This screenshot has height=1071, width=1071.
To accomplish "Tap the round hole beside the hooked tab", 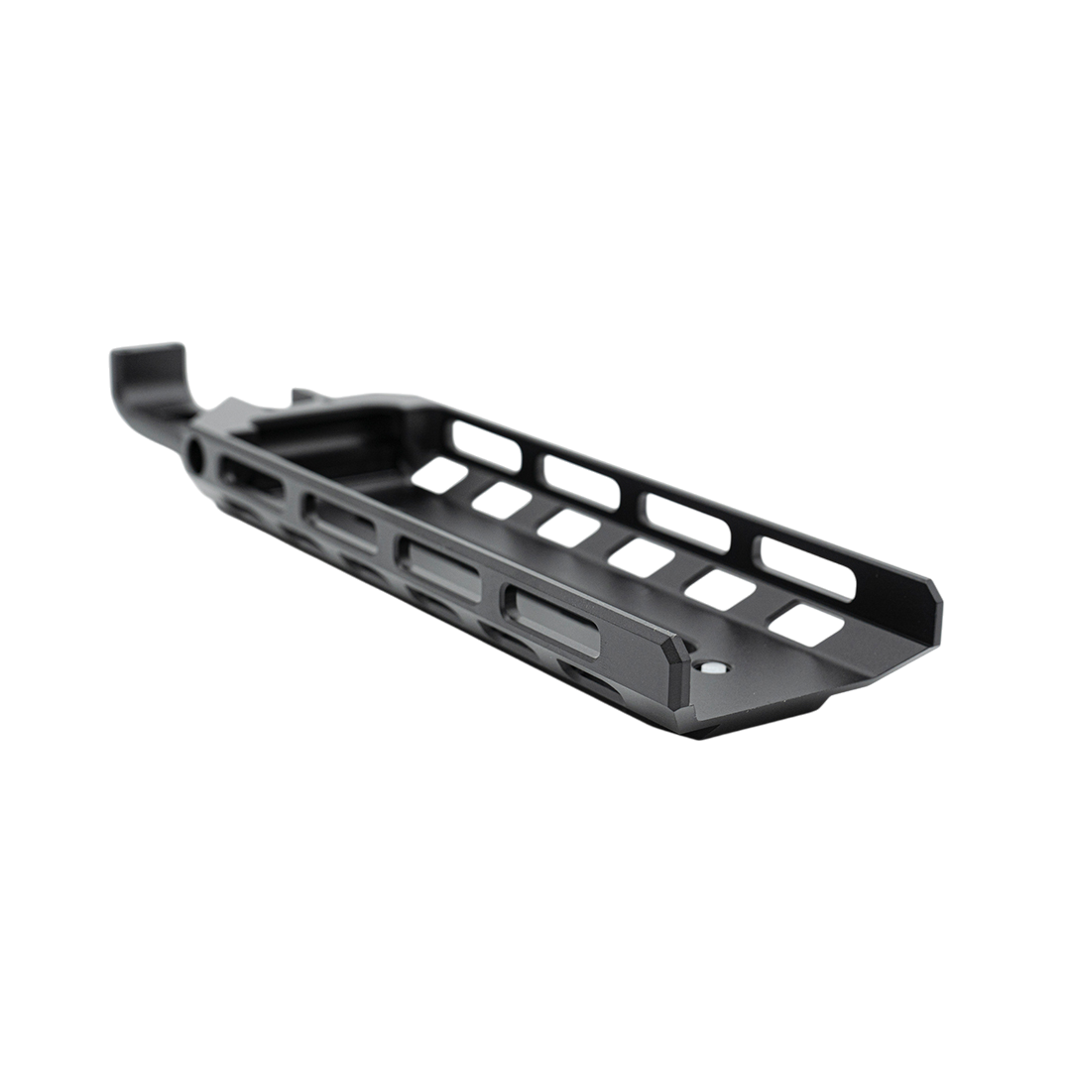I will click(196, 454).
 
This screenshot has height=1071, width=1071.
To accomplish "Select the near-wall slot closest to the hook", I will click(253, 477).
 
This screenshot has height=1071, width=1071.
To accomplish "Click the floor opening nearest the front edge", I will click(807, 625).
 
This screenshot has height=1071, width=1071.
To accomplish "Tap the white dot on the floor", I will click(710, 670).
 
